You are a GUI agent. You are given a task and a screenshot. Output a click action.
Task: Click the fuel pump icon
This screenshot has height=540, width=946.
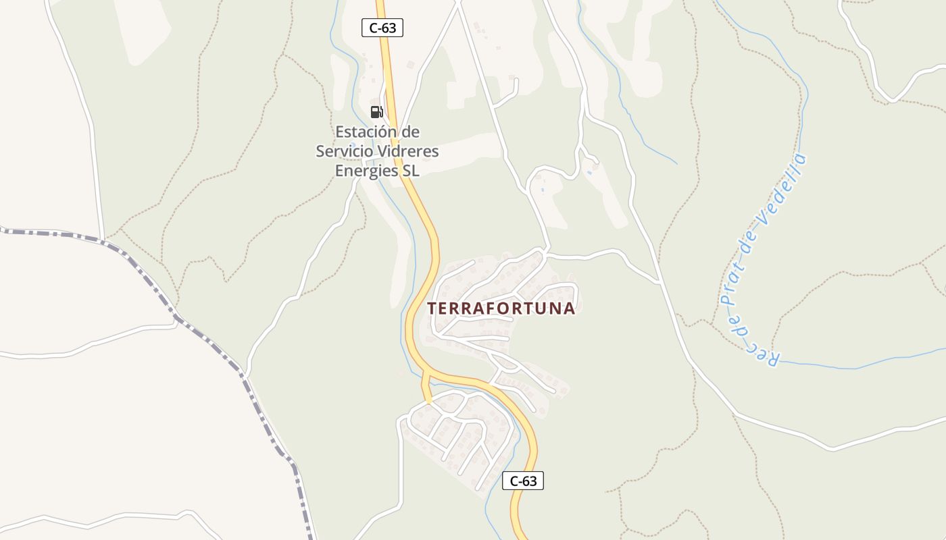[x=376, y=112]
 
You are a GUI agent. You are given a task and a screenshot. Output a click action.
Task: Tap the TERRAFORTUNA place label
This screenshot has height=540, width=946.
[x=501, y=308]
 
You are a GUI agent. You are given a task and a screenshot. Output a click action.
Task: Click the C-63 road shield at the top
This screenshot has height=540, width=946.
[x=382, y=28]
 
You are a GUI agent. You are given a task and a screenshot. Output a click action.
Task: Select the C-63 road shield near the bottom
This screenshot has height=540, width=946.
[x=523, y=481]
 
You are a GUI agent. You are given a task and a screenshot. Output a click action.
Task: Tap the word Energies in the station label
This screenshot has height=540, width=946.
[x=367, y=171]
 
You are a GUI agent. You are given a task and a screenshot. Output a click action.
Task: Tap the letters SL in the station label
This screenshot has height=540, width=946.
[x=411, y=171]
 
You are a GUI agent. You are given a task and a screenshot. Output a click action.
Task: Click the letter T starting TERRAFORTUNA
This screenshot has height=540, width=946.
[x=432, y=308]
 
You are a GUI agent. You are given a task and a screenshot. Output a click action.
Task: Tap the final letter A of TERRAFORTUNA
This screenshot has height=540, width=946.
[x=569, y=308]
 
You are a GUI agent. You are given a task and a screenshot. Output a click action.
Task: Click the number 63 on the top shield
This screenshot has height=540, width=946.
[x=389, y=28]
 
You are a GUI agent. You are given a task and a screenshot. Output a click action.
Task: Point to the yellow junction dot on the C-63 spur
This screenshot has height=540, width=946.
[x=428, y=401]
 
